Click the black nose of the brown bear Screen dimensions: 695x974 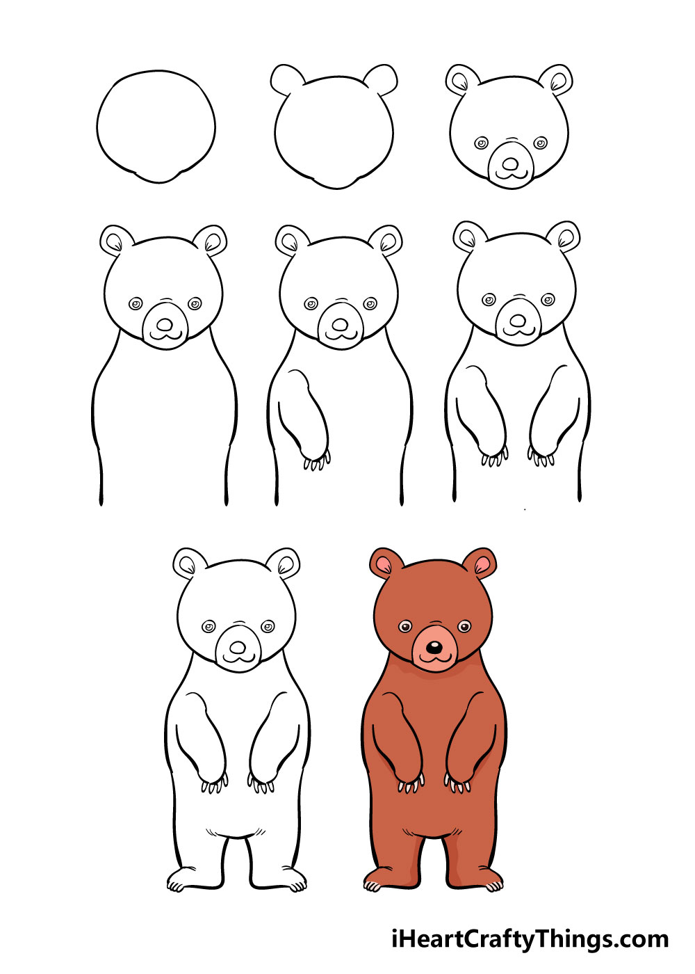[x=434, y=660]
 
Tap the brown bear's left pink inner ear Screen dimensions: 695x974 [x=384, y=566]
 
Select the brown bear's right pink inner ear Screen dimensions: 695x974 [x=482, y=565]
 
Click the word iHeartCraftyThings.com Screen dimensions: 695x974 [x=530, y=939]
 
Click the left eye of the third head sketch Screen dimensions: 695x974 [x=481, y=143]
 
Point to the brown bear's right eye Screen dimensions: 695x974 [x=464, y=627]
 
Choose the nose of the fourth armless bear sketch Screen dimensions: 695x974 [x=165, y=324]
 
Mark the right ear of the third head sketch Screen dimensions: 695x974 [x=556, y=80]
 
